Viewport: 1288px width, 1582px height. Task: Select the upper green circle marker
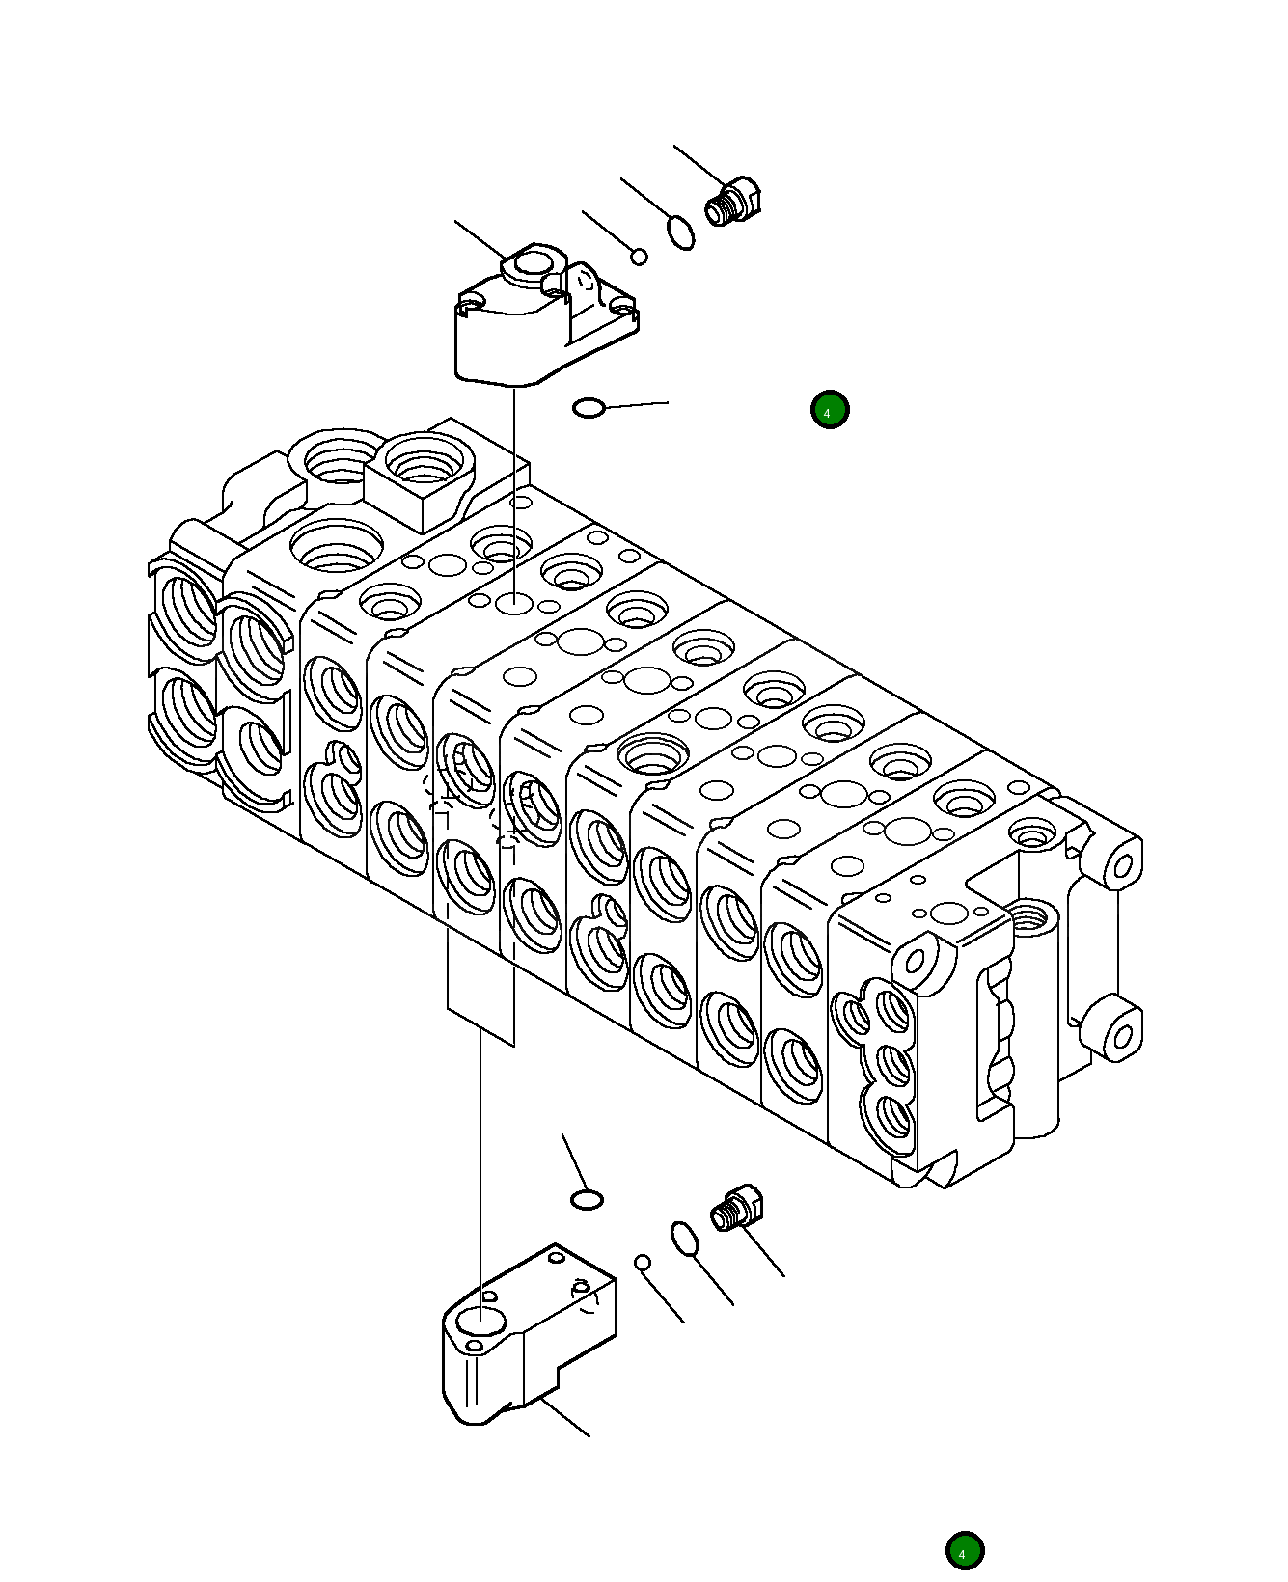click(830, 410)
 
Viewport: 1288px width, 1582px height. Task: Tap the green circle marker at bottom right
click(964, 1551)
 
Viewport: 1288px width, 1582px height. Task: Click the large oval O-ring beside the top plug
click(680, 232)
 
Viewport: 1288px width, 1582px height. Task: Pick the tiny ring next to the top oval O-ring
click(639, 257)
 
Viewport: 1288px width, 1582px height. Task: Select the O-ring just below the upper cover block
click(589, 408)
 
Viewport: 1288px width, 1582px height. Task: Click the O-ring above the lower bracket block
click(587, 1200)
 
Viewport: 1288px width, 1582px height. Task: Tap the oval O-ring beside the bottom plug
click(684, 1240)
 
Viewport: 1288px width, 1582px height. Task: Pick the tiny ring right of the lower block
click(643, 1263)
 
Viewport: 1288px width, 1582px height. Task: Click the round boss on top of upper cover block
click(532, 263)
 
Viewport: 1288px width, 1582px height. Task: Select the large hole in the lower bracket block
click(479, 1321)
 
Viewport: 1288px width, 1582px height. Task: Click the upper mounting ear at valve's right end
click(1122, 865)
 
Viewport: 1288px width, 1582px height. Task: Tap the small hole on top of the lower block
click(556, 1257)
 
